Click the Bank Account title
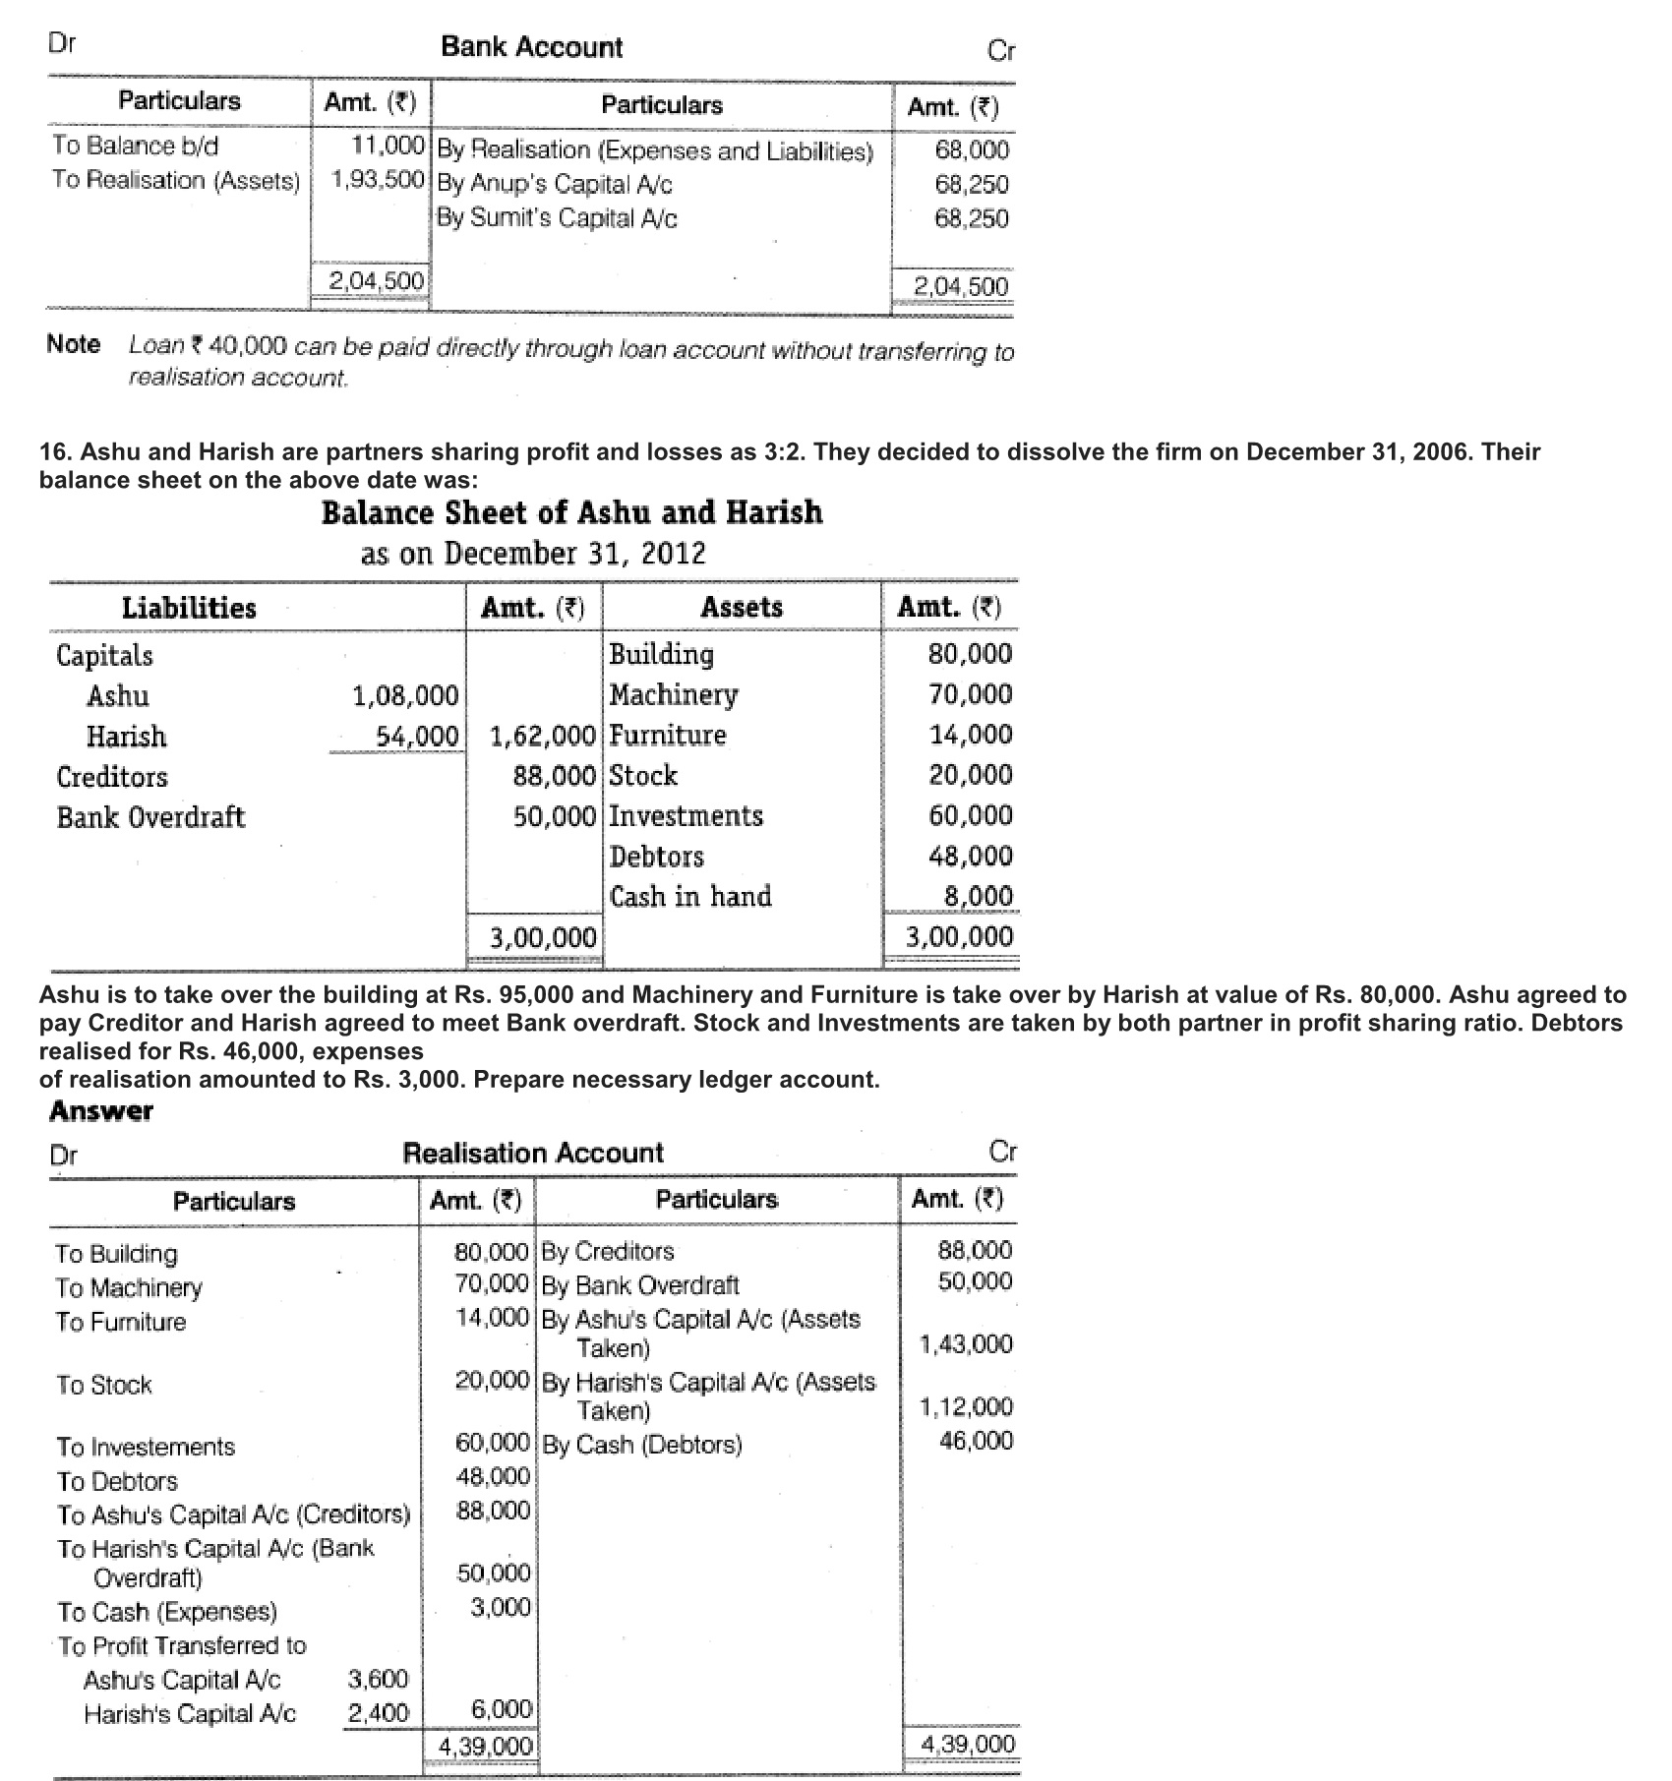(x=531, y=47)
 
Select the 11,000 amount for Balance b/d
(x=388, y=146)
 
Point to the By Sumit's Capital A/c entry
(x=557, y=217)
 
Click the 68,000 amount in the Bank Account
(x=972, y=150)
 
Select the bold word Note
(x=74, y=344)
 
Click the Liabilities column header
(x=189, y=608)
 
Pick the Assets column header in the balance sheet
(x=742, y=607)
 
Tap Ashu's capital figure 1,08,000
(x=405, y=696)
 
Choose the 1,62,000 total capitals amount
(x=543, y=736)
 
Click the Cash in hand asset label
(x=690, y=896)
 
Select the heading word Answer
(x=101, y=1111)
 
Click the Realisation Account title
(x=533, y=1153)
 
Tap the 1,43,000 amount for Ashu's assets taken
(x=965, y=1344)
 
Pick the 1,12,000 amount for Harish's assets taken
(x=965, y=1407)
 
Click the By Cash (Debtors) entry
(x=642, y=1445)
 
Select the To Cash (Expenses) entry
(x=167, y=1612)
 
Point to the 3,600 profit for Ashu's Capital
(x=379, y=1679)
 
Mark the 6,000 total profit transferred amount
(x=502, y=1709)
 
